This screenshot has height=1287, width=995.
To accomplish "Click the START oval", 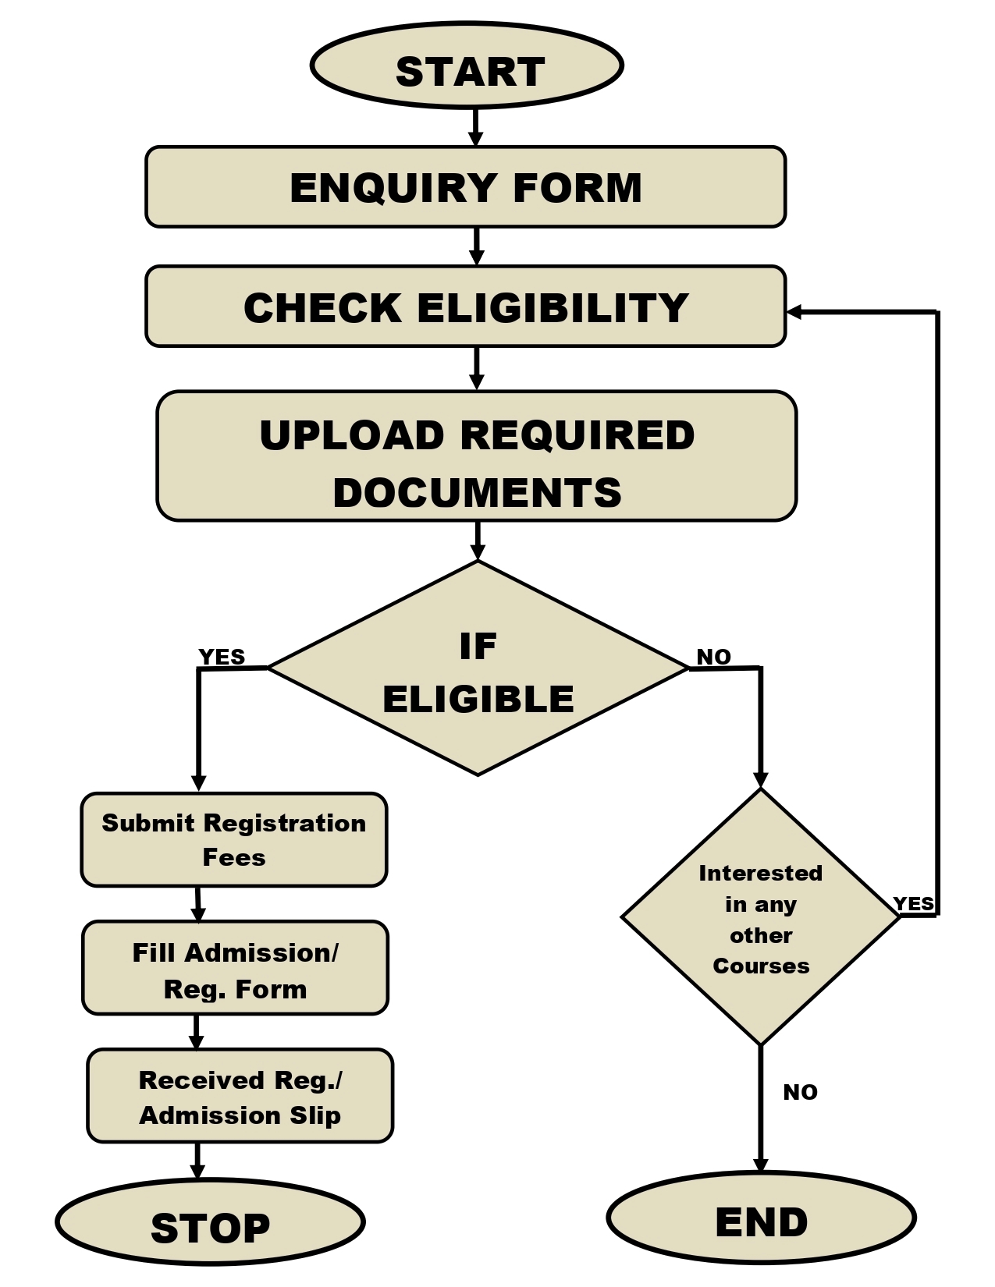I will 467,66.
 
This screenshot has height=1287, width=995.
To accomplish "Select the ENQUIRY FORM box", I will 465,187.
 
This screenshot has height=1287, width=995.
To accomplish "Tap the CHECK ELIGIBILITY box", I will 465,307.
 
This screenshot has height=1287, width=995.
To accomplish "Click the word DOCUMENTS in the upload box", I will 477,493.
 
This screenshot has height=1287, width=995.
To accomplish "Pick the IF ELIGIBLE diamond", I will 478,669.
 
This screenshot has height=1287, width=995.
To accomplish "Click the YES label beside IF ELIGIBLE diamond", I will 222,657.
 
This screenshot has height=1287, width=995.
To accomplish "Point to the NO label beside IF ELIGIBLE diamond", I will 713,657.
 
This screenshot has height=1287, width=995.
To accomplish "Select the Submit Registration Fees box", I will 234,840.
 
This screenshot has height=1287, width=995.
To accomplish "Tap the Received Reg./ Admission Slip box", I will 240,1097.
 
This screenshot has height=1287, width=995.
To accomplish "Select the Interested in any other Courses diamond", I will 761,919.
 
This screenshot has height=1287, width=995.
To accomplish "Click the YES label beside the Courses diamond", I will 913,904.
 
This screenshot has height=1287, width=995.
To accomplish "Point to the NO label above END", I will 800,1092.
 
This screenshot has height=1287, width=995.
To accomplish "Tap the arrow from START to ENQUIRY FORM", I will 475,127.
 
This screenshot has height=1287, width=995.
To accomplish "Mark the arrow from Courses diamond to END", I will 761,1108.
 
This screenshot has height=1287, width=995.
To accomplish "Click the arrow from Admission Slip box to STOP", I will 197,1161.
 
